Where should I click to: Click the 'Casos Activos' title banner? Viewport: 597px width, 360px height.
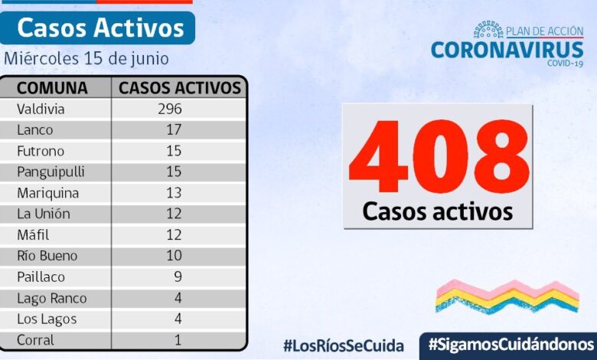100,28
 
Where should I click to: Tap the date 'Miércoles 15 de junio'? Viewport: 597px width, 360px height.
86,58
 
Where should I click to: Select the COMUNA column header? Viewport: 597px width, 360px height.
52,87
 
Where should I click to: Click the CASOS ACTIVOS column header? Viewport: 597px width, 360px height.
180,87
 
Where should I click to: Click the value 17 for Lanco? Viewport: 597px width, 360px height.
173,129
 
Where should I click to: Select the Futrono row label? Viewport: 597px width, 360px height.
41,151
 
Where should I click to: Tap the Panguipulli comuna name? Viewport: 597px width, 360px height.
51,172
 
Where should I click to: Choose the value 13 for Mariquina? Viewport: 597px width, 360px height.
173,193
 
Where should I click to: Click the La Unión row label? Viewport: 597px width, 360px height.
42,214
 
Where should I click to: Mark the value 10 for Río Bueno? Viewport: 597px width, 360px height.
173,256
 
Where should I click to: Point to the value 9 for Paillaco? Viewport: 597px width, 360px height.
177,277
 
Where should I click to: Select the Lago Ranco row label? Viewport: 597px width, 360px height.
51,298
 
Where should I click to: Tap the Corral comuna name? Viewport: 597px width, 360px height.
36,340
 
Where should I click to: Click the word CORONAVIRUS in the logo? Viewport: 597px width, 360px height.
507,50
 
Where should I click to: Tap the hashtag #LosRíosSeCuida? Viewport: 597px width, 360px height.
343,345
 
